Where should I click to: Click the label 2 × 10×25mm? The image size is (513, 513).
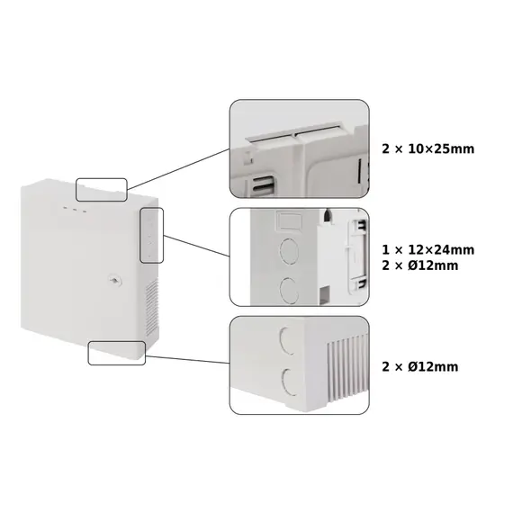coord(427,148)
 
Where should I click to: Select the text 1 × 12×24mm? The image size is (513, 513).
coord(427,250)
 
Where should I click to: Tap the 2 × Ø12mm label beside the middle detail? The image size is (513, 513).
coord(419,265)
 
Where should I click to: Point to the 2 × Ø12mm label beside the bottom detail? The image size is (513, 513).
coord(419,367)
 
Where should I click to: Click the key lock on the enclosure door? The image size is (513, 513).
coord(114,281)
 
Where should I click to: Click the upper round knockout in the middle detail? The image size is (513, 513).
coord(289,251)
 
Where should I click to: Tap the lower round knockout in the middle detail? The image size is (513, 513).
coord(289,291)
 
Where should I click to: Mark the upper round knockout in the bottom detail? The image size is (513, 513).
coord(287,340)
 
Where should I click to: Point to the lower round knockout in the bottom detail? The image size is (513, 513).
coord(288,382)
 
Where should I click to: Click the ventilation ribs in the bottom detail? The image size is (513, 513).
coord(348,368)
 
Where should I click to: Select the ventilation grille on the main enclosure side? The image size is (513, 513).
coord(152,308)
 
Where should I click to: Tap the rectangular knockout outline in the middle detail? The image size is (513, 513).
coord(289,220)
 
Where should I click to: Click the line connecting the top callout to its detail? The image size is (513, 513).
coord(178,169)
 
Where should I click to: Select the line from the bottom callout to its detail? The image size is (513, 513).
coord(187,359)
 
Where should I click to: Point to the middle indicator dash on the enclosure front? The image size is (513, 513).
coord(75,210)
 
